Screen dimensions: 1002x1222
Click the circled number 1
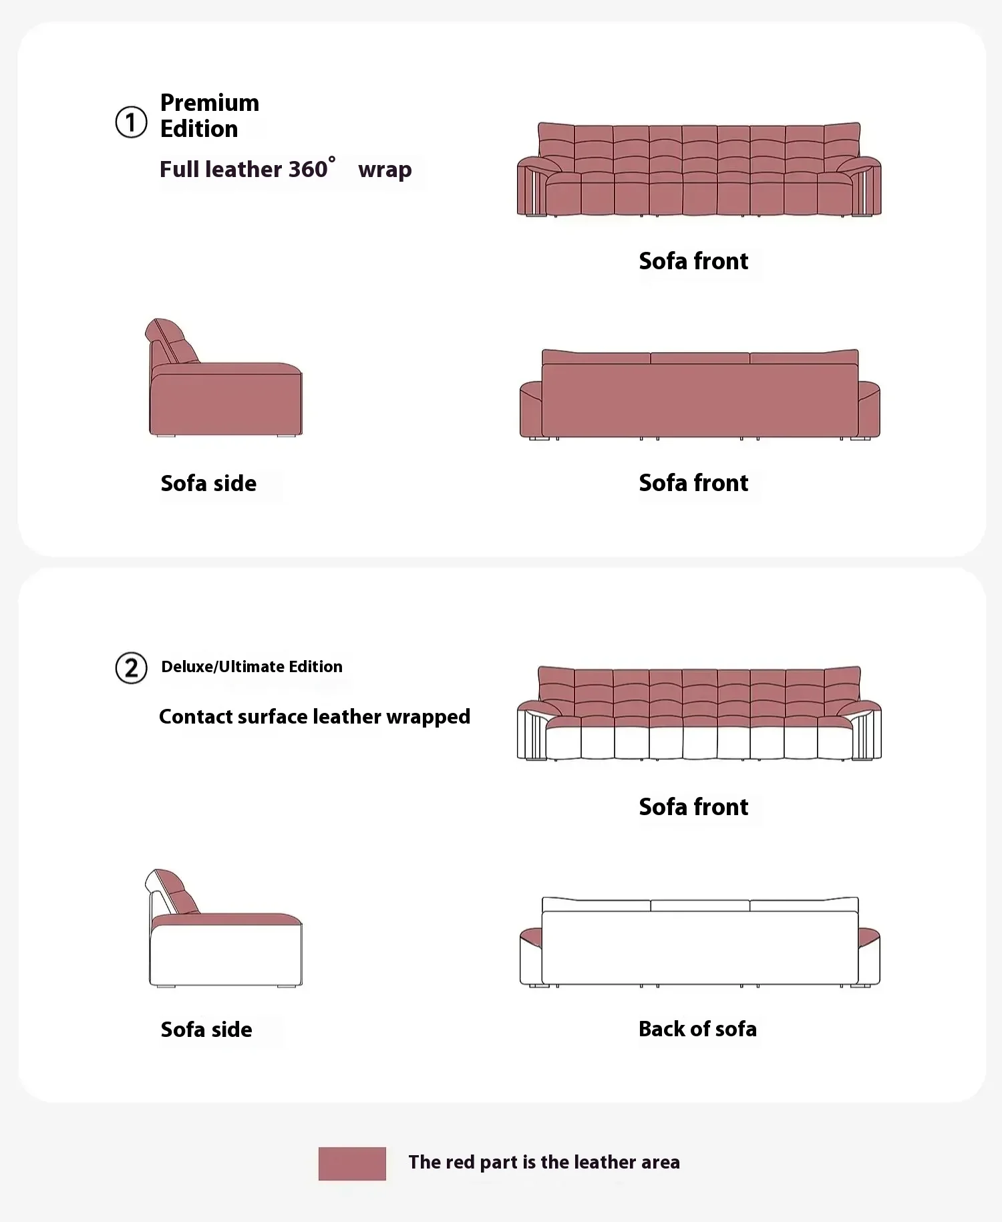coord(131,122)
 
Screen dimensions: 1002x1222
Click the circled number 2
coord(131,668)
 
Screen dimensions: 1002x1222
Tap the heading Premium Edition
coord(209,116)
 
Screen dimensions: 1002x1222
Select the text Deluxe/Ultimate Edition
coord(251,667)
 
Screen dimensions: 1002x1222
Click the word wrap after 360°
coord(385,170)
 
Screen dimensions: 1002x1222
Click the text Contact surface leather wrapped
coord(314,717)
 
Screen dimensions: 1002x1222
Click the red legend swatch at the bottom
coord(352,1163)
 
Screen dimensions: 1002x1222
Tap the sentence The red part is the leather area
coord(544,1163)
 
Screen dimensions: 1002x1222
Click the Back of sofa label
coord(697,1029)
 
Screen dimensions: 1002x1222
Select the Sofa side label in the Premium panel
coord(208,483)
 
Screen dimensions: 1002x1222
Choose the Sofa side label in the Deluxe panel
coord(206,1030)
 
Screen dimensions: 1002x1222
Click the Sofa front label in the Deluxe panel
coord(693,807)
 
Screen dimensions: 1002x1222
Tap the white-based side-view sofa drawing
coord(225,942)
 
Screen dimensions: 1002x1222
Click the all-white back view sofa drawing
coord(699,945)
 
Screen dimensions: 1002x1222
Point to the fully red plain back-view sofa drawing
coord(699,398)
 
